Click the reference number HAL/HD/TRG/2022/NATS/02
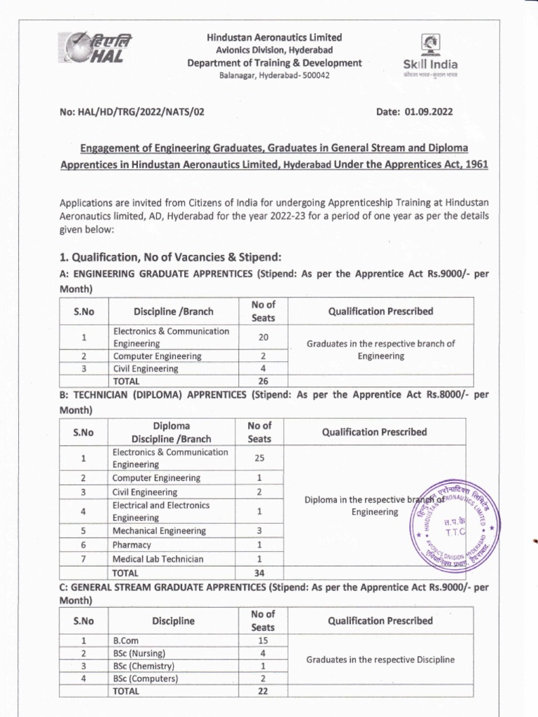pos(145,111)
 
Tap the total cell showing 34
pos(259,573)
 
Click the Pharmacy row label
pos(132,545)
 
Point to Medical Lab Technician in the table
pos(158,559)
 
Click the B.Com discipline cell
pos(125,640)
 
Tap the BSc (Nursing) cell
pos(139,653)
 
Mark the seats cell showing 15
pos(263,640)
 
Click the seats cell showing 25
pos(259,458)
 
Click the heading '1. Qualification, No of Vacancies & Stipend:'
pos(170,256)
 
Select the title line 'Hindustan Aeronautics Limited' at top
pos(273,37)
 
